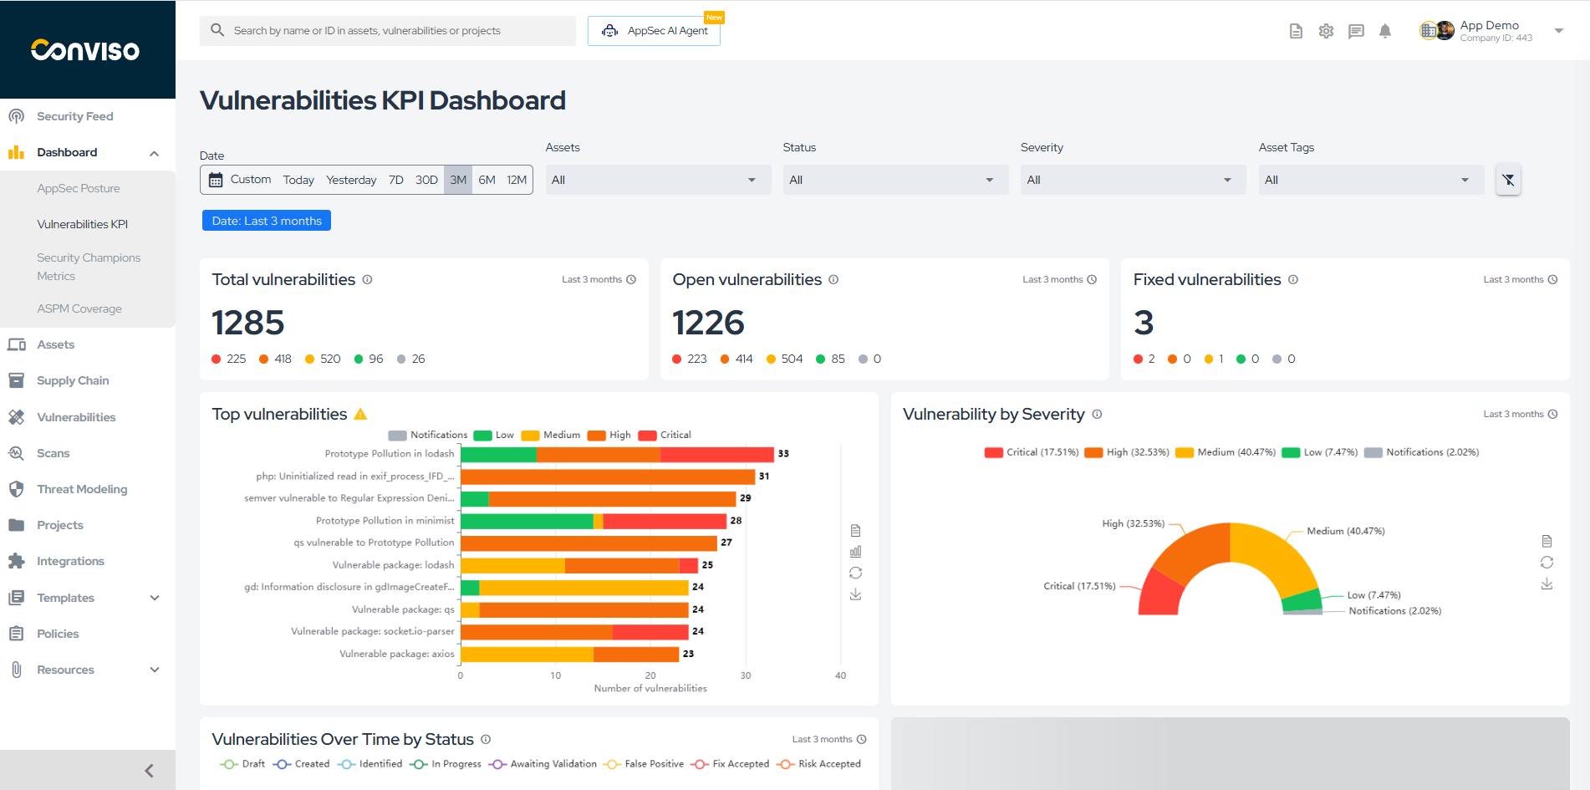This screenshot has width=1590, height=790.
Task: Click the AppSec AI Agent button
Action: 654,31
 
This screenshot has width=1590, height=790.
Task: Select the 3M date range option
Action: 458,180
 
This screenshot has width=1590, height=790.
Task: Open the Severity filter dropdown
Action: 1132,180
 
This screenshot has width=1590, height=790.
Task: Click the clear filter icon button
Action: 1508,180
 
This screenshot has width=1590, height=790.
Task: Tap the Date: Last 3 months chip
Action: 267,221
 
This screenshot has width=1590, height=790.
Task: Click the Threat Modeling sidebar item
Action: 82,489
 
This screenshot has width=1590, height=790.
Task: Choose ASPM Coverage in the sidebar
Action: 79,308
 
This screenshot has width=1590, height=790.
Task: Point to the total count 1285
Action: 248,323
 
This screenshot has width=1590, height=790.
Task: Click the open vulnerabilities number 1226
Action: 708,323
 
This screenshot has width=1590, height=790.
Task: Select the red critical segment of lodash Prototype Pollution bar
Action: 716,454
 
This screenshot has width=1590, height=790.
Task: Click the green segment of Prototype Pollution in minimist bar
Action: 527,521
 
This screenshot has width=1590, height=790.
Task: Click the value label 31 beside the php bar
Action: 764,477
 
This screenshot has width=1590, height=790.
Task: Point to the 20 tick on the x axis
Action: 650,675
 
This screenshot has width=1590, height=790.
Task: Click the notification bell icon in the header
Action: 1385,31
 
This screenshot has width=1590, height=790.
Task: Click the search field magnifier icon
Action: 217,30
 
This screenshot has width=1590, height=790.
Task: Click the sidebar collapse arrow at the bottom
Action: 149,771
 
